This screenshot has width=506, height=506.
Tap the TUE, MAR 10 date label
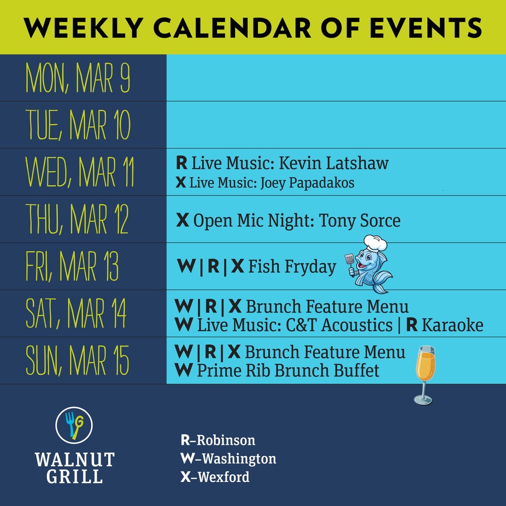(78, 125)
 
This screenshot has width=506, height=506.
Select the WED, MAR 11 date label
(80, 172)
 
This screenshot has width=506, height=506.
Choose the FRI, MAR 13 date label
(72, 266)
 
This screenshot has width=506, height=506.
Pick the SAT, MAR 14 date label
(76, 313)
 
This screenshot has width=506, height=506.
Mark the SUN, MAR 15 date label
(78, 360)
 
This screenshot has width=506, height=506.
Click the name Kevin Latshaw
(334, 163)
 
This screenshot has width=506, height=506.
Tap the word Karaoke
(452, 325)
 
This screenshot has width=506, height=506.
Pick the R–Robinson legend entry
(218, 440)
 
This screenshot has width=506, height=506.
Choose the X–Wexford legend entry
(215, 477)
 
